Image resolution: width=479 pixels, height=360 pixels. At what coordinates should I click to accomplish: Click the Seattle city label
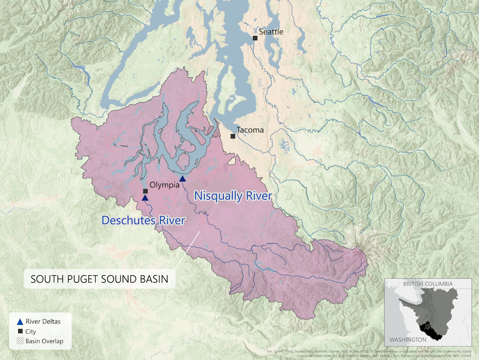tap(271, 32)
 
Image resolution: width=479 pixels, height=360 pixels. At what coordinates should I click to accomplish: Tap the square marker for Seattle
tap(255, 38)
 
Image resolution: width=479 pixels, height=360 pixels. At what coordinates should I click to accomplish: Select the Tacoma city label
tap(250, 130)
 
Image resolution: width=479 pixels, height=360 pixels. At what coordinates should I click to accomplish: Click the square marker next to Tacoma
tap(232, 136)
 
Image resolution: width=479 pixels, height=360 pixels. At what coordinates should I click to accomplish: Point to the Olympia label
tap(164, 185)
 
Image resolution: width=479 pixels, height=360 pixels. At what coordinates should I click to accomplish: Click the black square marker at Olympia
tap(145, 191)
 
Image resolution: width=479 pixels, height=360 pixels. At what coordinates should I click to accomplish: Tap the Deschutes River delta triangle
tap(145, 198)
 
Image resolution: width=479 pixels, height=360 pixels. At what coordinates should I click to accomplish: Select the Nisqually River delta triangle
tap(182, 179)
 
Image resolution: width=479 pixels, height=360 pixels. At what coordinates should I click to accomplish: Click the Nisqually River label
tap(233, 196)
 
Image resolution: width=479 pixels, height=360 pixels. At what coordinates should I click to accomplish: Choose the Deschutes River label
tap(143, 220)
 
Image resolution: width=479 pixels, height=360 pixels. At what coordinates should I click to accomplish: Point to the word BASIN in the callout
tap(157, 280)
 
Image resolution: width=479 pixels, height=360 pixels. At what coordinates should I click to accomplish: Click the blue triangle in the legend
tap(20, 322)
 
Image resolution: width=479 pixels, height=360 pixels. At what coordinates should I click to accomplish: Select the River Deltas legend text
tap(43, 322)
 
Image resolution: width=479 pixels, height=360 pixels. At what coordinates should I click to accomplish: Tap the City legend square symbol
tap(20, 331)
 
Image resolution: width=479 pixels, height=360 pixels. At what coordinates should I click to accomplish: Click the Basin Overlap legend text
tap(44, 341)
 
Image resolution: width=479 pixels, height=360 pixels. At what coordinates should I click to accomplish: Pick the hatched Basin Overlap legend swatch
tap(20, 341)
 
